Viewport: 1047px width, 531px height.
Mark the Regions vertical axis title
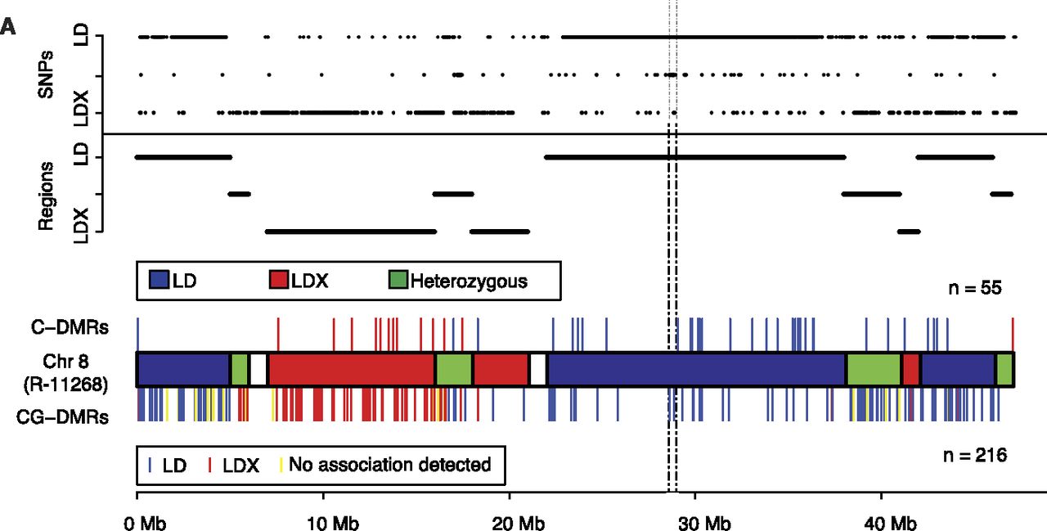coord(47,195)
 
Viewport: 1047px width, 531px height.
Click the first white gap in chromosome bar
coord(258,369)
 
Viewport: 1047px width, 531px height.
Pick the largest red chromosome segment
coord(352,369)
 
